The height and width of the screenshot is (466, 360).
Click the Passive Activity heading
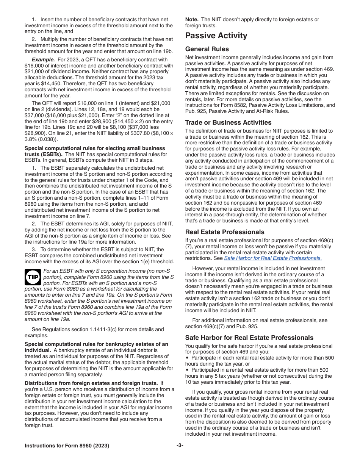pos(216,36)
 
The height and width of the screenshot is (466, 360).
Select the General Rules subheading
pos(207,49)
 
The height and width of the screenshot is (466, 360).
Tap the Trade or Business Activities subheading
pos(228,122)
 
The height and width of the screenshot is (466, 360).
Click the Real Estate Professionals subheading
pos(225,232)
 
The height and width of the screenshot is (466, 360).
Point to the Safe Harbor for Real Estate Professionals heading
pos(249,338)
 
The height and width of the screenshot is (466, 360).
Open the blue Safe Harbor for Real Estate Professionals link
pos(272,258)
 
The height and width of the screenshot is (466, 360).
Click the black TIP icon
pos(33,278)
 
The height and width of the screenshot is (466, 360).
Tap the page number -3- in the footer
pos(180,446)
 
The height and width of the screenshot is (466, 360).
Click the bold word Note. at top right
pos(192,19)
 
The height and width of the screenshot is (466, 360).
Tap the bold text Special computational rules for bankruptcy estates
pos(96,344)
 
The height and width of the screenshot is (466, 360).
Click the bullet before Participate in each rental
pos(187,358)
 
